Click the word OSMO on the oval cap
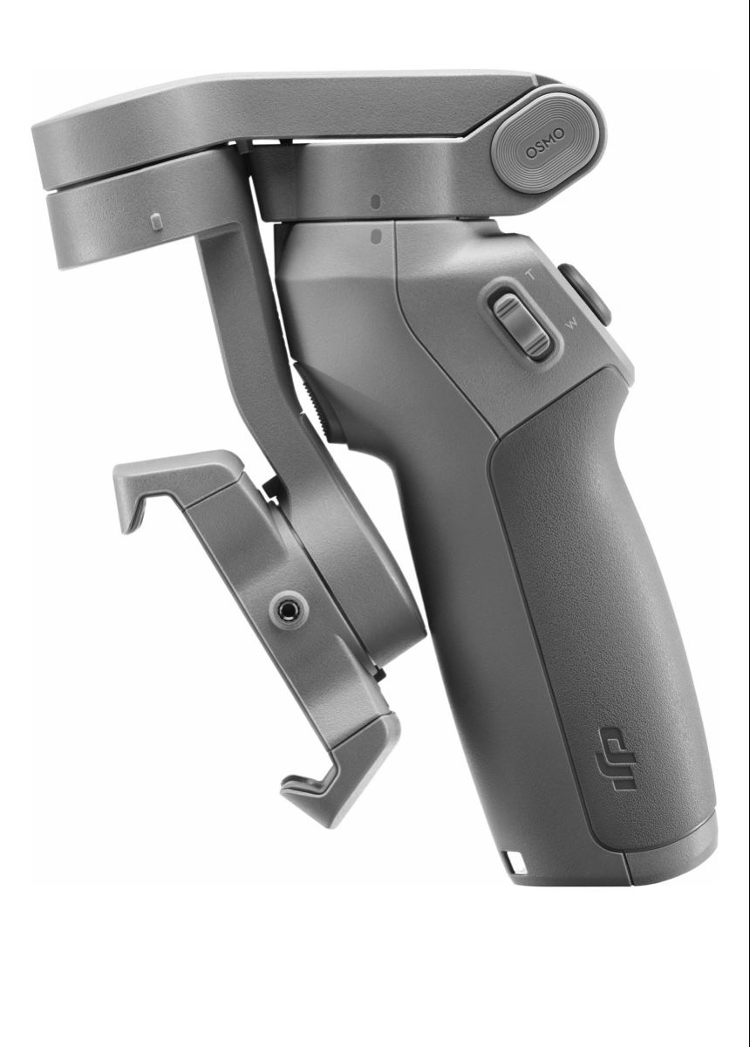545,143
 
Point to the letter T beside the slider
531,276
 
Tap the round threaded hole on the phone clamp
290,610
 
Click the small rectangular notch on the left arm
158,222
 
